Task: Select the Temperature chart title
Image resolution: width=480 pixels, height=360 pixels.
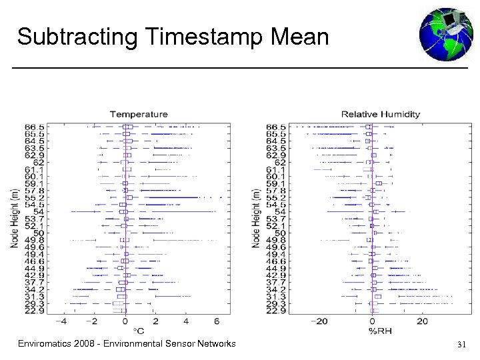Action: pos(139,114)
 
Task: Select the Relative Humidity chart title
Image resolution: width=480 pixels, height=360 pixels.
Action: pos(381,114)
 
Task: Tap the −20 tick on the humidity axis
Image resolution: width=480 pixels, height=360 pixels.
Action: pos(321,321)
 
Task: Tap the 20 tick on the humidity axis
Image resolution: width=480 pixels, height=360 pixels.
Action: pos(423,321)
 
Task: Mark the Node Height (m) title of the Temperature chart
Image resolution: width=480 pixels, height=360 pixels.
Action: pos(14,218)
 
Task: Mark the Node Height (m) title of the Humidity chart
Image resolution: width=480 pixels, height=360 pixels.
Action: pos(255,218)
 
